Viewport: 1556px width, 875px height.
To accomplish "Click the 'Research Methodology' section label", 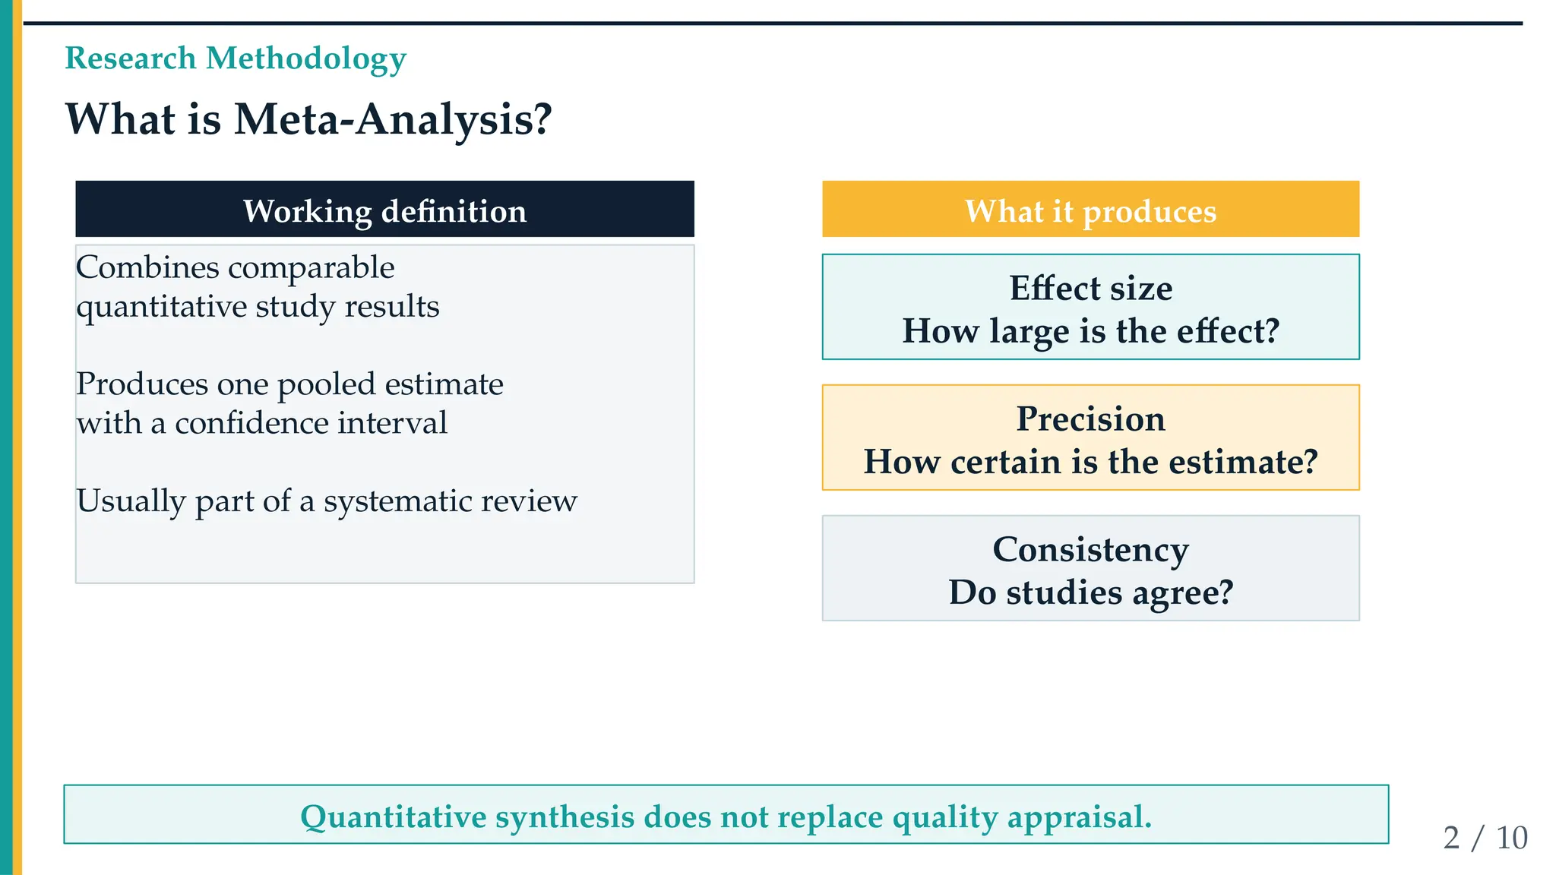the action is (x=236, y=59).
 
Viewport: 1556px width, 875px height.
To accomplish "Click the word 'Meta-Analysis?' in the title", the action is (x=393, y=120).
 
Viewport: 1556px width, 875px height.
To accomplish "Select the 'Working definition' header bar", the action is (x=384, y=209).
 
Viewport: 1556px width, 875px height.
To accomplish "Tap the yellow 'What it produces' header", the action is (x=1090, y=209).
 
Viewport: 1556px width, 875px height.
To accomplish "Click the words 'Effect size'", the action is (x=1090, y=289).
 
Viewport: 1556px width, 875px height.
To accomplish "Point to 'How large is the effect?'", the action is (x=1090, y=331).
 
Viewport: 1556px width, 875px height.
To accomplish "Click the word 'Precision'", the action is (x=1090, y=419).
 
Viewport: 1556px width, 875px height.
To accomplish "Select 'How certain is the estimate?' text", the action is (x=1090, y=462).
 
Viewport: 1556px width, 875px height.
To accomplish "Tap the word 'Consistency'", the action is (x=1090, y=550).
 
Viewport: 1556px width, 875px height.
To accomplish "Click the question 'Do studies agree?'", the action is (x=1090, y=592).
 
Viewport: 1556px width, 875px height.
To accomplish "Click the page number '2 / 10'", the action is (x=1485, y=838).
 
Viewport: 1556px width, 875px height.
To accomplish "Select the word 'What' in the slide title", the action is (x=121, y=120).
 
